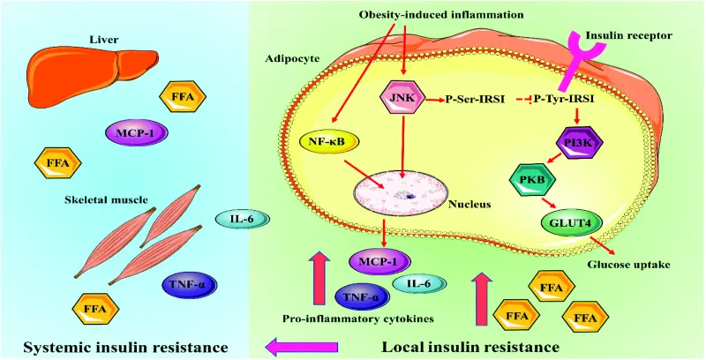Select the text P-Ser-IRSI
[x=475, y=99]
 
